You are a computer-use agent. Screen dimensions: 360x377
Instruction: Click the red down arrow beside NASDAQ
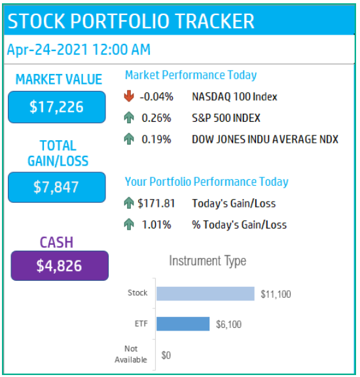(129, 96)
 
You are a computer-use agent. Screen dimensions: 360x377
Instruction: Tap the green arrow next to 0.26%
(129, 117)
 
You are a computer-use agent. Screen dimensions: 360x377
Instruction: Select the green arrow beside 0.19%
(129, 139)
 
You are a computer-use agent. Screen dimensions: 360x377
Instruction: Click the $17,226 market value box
(57, 107)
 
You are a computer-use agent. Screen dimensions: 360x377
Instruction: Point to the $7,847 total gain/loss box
(57, 187)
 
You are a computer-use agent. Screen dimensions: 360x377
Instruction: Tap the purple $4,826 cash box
(60, 266)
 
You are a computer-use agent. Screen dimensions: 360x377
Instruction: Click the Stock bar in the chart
(206, 294)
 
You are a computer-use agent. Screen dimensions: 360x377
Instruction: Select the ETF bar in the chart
(183, 324)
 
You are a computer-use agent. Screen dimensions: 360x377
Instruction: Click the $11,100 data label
(276, 294)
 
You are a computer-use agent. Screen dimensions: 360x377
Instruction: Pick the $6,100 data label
(228, 325)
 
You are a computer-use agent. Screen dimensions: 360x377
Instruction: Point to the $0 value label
(166, 355)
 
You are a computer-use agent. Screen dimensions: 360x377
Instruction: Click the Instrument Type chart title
(207, 261)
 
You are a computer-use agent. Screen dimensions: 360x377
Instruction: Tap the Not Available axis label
(131, 354)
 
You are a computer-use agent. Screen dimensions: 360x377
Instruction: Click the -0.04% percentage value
(156, 97)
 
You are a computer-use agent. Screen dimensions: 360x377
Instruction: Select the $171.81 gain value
(156, 204)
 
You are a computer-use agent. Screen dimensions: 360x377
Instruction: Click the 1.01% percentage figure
(156, 224)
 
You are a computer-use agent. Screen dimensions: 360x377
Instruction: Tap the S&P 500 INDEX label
(226, 118)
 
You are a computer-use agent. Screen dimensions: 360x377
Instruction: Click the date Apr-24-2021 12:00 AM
(79, 50)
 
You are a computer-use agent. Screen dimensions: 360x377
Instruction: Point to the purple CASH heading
(56, 242)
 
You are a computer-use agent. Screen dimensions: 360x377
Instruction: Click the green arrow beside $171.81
(129, 203)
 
